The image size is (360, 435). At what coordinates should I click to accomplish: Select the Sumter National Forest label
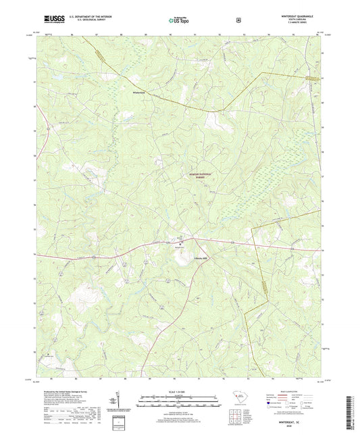click(200, 175)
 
